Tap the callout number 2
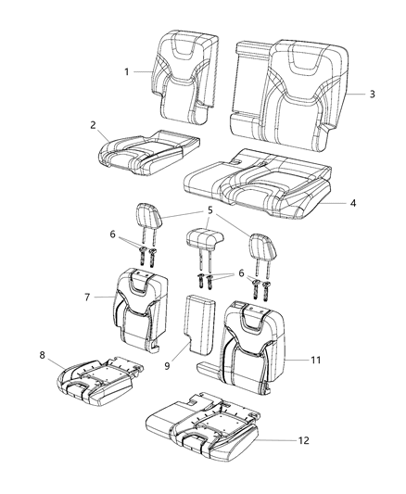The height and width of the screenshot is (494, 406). click(94, 124)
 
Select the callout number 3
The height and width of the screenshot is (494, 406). click(372, 94)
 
